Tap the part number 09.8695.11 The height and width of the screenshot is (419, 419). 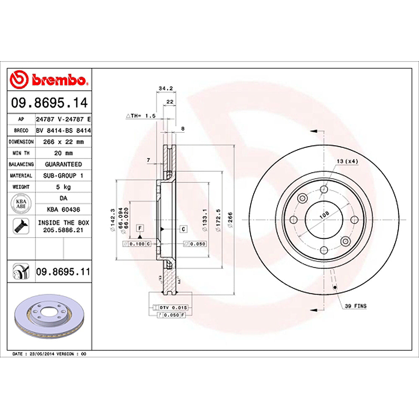point(63,272)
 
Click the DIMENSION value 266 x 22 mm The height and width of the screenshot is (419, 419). point(63,142)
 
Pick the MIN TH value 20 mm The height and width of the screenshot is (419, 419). point(63,153)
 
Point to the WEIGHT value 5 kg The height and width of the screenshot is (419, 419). point(63,186)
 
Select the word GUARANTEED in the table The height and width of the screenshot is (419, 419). point(63,164)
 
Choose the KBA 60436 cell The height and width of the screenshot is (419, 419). point(63,209)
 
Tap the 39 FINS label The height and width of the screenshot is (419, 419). point(355,306)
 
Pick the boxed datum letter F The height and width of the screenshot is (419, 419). point(140,228)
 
